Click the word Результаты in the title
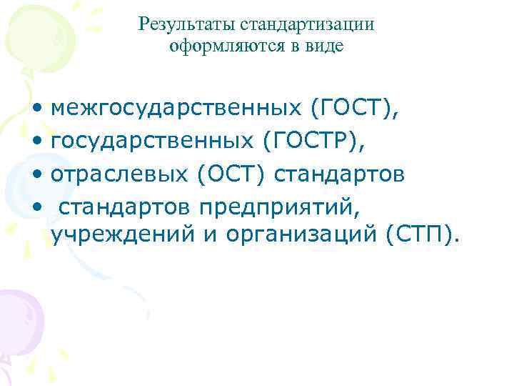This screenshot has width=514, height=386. pyautogui.click(x=187, y=26)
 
